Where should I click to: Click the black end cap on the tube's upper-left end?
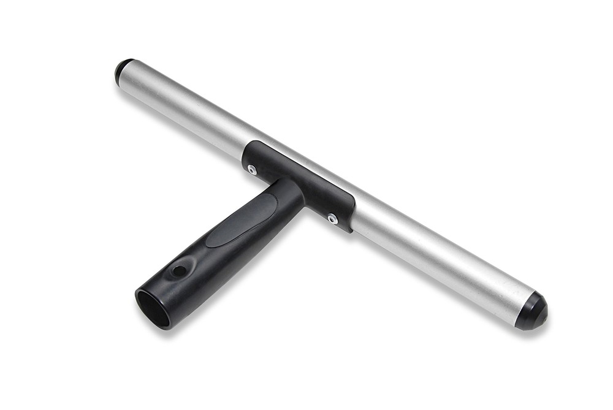pyautogui.click(x=123, y=70)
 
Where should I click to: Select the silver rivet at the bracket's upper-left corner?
pyautogui.click(x=252, y=170)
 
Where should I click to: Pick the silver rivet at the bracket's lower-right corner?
pyautogui.click(x=332, y=218)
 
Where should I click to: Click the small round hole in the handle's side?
pyautogui.click(x=178, y=270)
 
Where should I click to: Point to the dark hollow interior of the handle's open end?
pyautogui.click(x=153, y=309)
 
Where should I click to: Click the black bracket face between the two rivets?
pyautogui.click(x=294, y=184)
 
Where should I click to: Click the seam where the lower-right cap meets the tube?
pyautogui.click(x=519, y=304)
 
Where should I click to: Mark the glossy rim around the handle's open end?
pyautogui.click(x=139, y=307)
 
